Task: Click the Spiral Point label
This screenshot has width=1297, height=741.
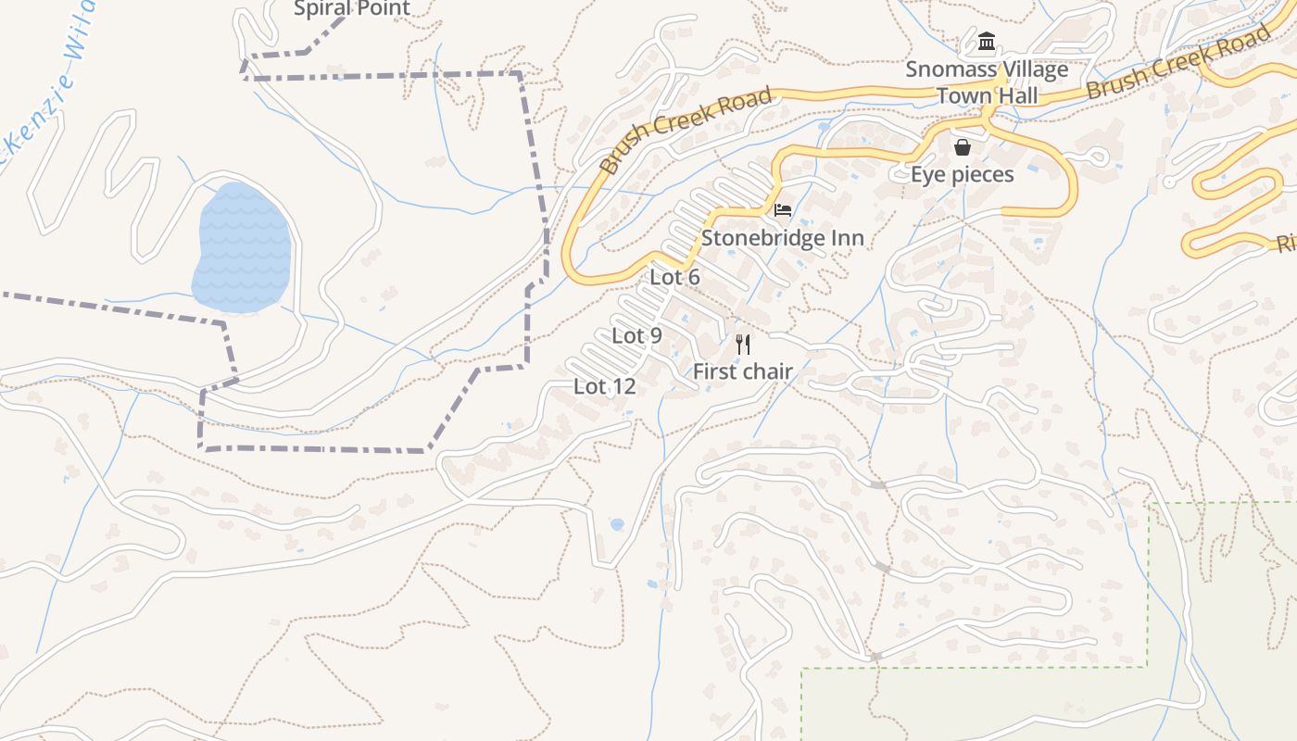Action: point(351,9)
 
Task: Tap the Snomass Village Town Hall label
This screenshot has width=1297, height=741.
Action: point(987,82)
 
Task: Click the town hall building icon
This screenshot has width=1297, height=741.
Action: point(987,43)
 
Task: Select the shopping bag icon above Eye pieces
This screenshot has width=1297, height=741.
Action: point(963,147)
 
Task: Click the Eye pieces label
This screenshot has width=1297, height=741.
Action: point(963,174)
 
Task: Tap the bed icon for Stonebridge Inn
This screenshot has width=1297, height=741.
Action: point(783,211)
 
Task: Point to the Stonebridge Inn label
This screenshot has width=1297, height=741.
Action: point(783,238)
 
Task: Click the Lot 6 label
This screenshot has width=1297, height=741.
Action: point(674,277)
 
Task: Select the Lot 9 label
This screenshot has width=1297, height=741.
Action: point(636,335)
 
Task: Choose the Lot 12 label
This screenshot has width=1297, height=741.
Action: point(604,386)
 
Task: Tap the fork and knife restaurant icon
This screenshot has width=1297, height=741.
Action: point(742,345)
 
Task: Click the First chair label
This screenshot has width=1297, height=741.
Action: point(743,371)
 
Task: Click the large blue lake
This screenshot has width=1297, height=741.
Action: point(243,247)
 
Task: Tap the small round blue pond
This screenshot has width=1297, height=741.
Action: point(617,524)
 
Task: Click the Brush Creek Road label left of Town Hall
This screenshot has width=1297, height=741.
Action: point(686,131)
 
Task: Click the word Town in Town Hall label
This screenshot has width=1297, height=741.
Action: point(961,96)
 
